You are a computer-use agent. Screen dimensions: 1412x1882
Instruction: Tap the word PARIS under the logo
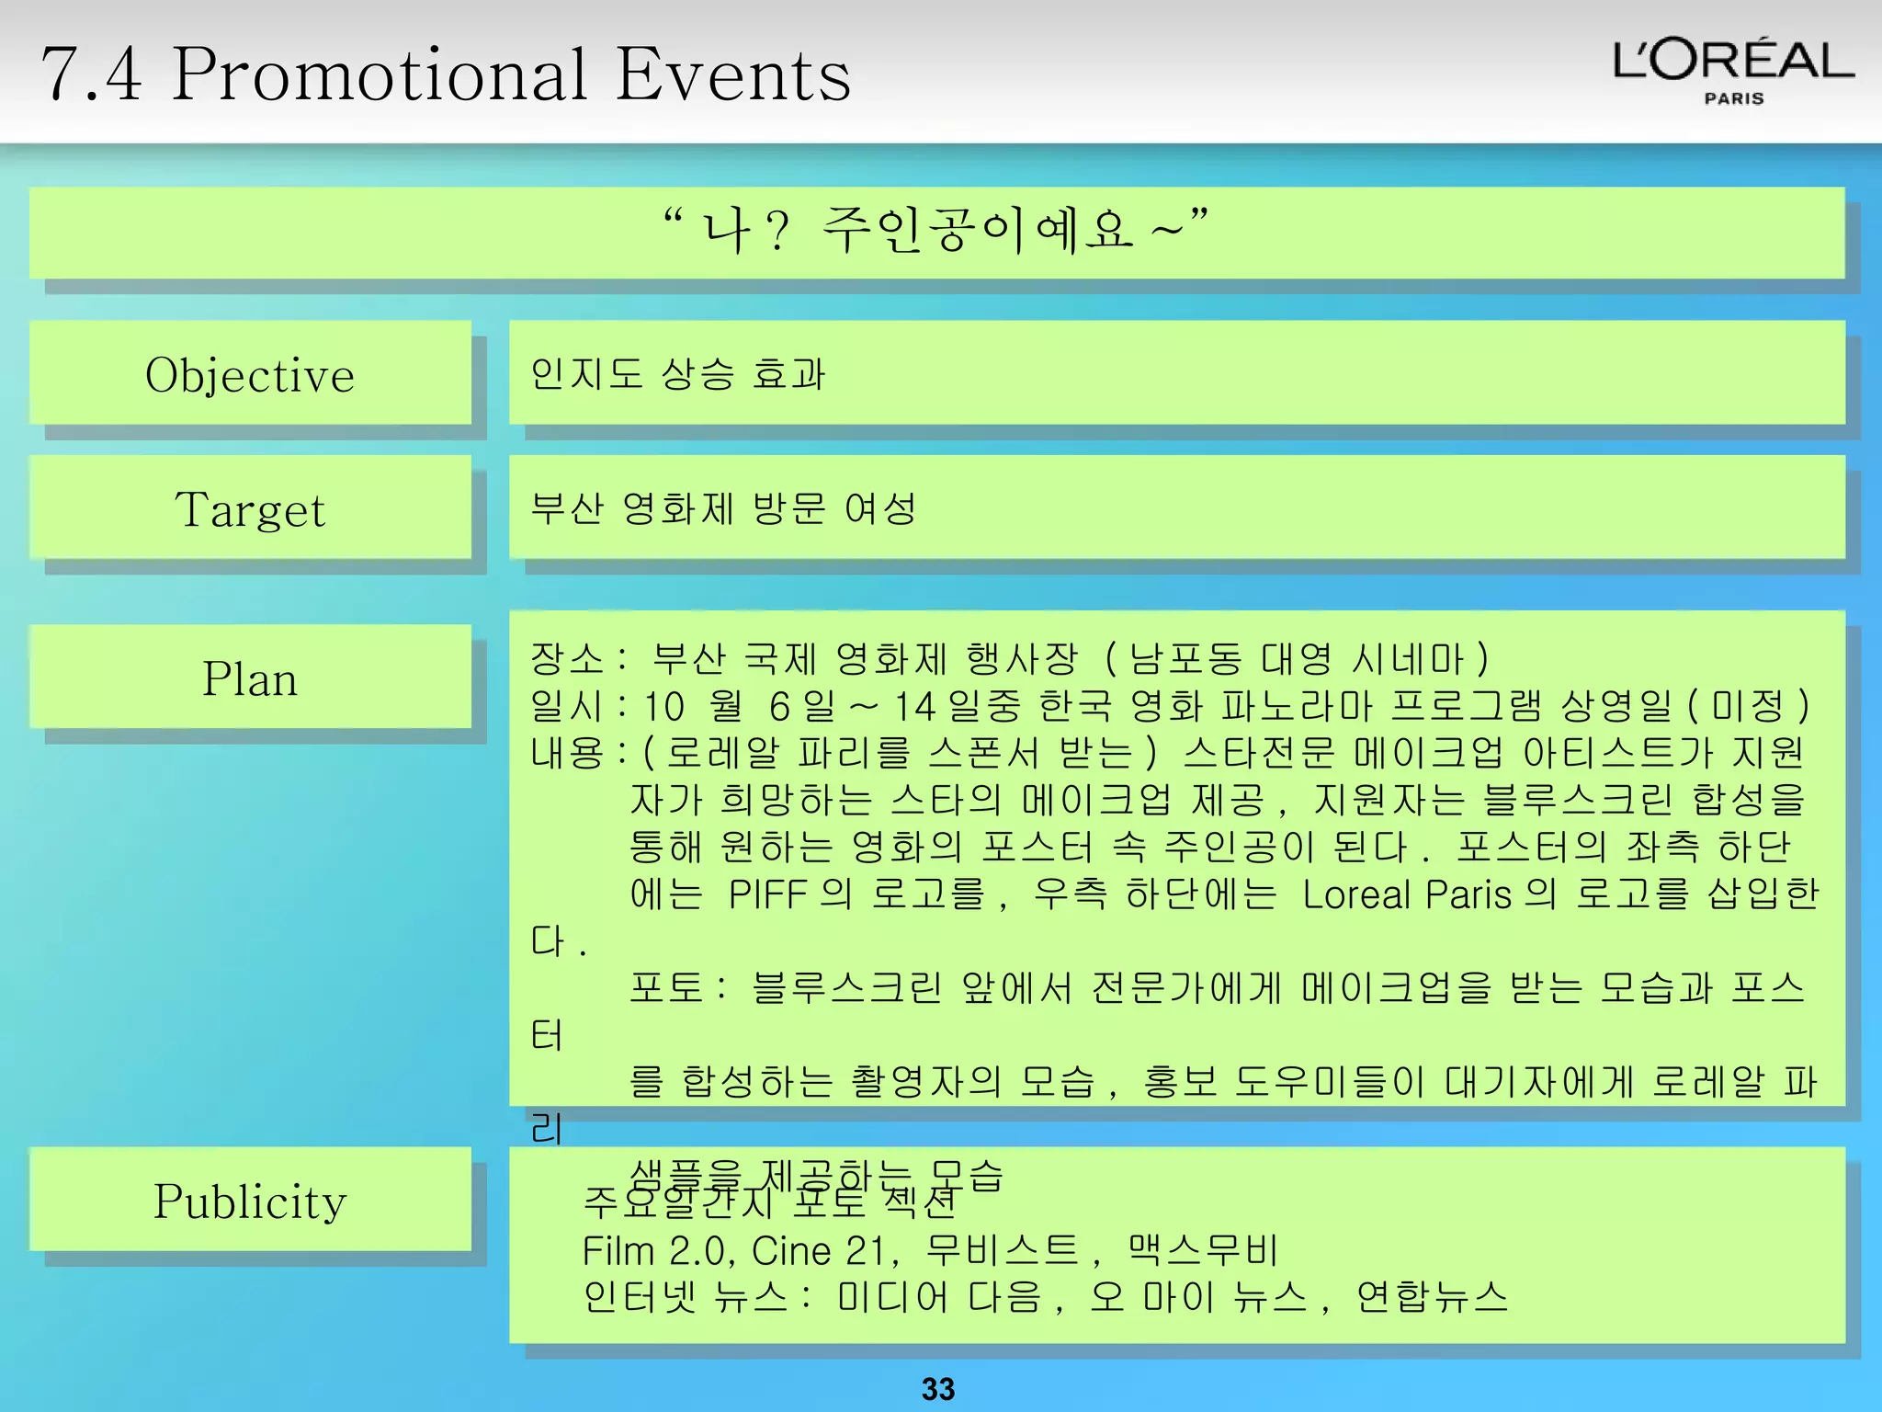[1734, 98]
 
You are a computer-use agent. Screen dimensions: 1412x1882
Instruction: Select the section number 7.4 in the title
[92, 75]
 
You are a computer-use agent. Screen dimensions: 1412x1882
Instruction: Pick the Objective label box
[250, 374]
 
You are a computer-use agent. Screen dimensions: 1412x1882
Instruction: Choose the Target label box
[250, 508]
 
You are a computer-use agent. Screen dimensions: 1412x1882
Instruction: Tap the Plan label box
[250, 678]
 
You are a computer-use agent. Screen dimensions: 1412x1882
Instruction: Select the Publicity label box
[250, 1201]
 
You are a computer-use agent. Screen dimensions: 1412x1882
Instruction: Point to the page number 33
[938, 1388]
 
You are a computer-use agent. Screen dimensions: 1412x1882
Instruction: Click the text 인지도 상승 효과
[678, 374]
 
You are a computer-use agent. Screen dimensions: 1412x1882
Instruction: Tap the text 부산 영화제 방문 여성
[723, 508]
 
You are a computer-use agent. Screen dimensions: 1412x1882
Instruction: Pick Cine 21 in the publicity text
[820, 1250]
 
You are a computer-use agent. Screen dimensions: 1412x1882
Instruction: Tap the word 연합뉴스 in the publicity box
[1432, 1297]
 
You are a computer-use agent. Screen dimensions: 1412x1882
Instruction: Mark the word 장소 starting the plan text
[567, 658]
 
